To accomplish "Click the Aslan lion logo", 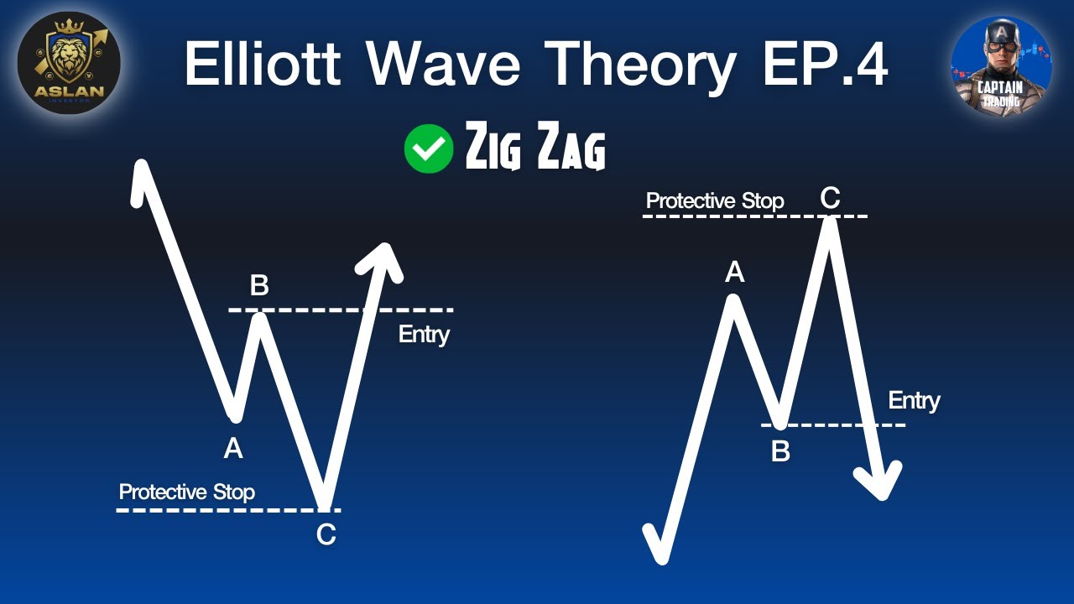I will [x=69, y=63].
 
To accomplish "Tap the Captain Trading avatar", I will [x=1001, y=67].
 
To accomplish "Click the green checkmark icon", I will [x=429, y=148].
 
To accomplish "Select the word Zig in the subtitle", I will [x=494, y=149].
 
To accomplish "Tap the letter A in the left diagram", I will [x=233, y=450].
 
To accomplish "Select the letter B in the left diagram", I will [x=259, y=286].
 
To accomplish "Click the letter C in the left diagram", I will [x=326, y=534].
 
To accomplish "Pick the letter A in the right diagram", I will [x=734, y=272].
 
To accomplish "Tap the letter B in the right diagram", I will [x=780, y=452].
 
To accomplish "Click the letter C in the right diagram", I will [x=829, y=198].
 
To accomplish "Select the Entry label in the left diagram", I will [x=424, y=334].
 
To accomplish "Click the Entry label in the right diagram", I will [x=914, y=400].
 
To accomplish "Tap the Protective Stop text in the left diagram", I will [x=186, y=492].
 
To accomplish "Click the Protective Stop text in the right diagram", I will [x=715, y=201].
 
